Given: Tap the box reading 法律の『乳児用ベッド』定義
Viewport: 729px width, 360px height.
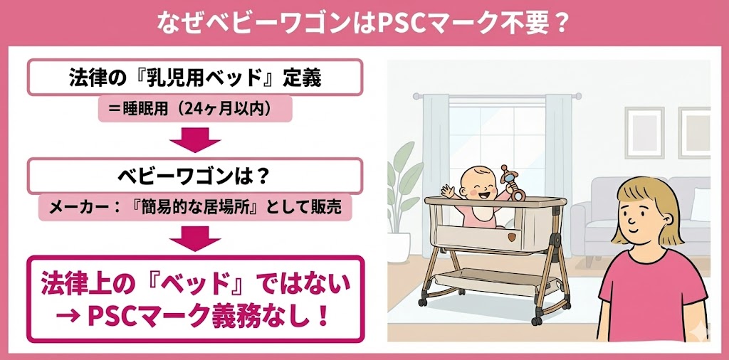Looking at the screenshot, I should [x=195, y=77].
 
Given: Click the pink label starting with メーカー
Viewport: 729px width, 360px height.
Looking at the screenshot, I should [x=195, y=208].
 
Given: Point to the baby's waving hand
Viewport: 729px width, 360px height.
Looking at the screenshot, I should [x=447, y=191].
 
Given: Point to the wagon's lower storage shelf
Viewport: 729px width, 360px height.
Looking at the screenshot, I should [x=495, y=282].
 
